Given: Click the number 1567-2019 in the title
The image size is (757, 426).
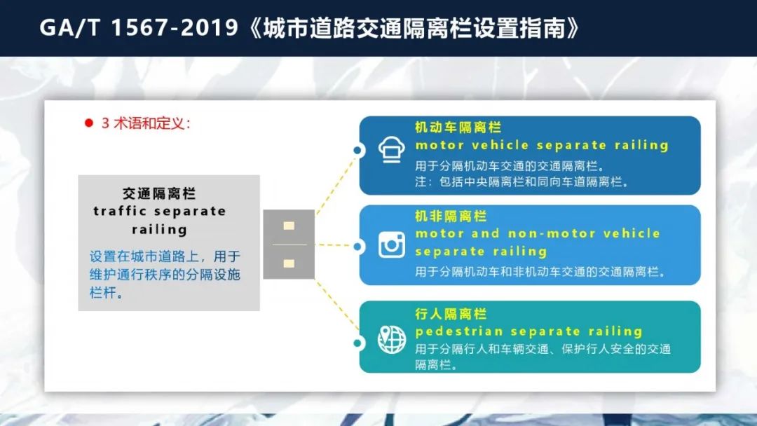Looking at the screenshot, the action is click(x=175, y=28).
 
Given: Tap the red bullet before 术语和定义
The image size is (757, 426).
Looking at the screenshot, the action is click(x=89, y=123).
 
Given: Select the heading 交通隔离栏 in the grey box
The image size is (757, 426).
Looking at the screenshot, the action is click(x=159, y=193).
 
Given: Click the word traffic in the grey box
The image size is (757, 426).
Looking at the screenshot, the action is click(x=120, y=212).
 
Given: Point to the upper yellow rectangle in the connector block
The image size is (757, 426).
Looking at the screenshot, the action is click(x=289, y=226).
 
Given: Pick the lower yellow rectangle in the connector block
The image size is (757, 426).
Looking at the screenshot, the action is click(x=289, y=263).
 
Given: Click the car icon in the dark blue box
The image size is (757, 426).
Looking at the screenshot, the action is click(x=392, y=149).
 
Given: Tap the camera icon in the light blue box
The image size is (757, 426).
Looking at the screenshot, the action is click(x=392, y=245).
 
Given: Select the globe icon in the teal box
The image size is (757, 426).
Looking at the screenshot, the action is click(x=392, y=340).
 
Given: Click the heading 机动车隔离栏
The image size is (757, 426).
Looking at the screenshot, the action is click(x=458, y=128).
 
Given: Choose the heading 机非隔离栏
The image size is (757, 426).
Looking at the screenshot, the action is click(x=451, y=216).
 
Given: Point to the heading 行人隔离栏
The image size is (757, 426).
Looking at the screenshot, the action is click(x=451, y=314).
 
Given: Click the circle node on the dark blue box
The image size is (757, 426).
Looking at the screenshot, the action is click(x=358, y=150).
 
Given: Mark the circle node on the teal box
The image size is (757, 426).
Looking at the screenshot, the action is click(x=358, y=343).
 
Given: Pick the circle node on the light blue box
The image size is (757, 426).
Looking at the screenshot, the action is click(x=358, y=247).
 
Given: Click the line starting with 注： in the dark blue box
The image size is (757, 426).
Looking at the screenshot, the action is click(x=521, y=182).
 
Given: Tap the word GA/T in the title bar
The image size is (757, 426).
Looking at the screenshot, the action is click(x=69, y=28).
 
